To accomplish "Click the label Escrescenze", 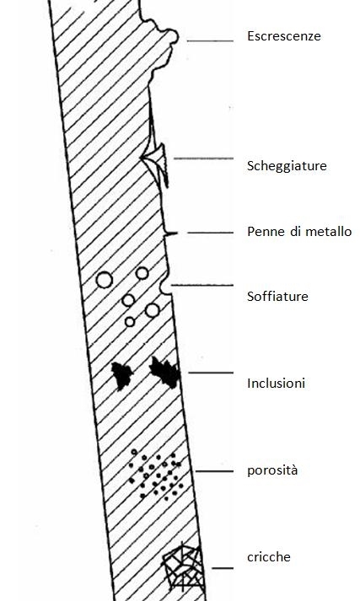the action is click(284, 36).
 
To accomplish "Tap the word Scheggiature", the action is click(287, 166).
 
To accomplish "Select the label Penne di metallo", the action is click(299, 232).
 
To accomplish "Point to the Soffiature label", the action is click(277, 296).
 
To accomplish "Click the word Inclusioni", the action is click(276, 384).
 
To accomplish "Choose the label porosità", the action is click(272, 470).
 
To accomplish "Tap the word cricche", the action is click(269, 557).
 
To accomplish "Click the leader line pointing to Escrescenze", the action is click(210, 40).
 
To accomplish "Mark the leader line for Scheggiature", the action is click(203, 158).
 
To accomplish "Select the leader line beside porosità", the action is click(215, 471).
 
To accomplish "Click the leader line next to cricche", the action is click(223, 568).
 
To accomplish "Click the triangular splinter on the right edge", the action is click(155, 165).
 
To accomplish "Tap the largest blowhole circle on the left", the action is click(105, 280).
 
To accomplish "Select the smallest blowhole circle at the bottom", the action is click(130, 322).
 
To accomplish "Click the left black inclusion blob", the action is click(121, 376).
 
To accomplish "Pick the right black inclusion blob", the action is click(165, 373).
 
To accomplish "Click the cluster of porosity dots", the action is click(155, 475).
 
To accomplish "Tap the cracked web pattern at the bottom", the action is click(182, 567).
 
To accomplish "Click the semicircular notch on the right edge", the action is click(165, 287).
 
